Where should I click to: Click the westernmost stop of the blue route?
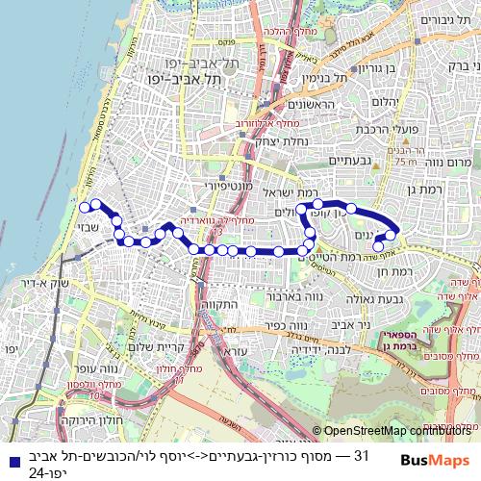click(x=84, y=207)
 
